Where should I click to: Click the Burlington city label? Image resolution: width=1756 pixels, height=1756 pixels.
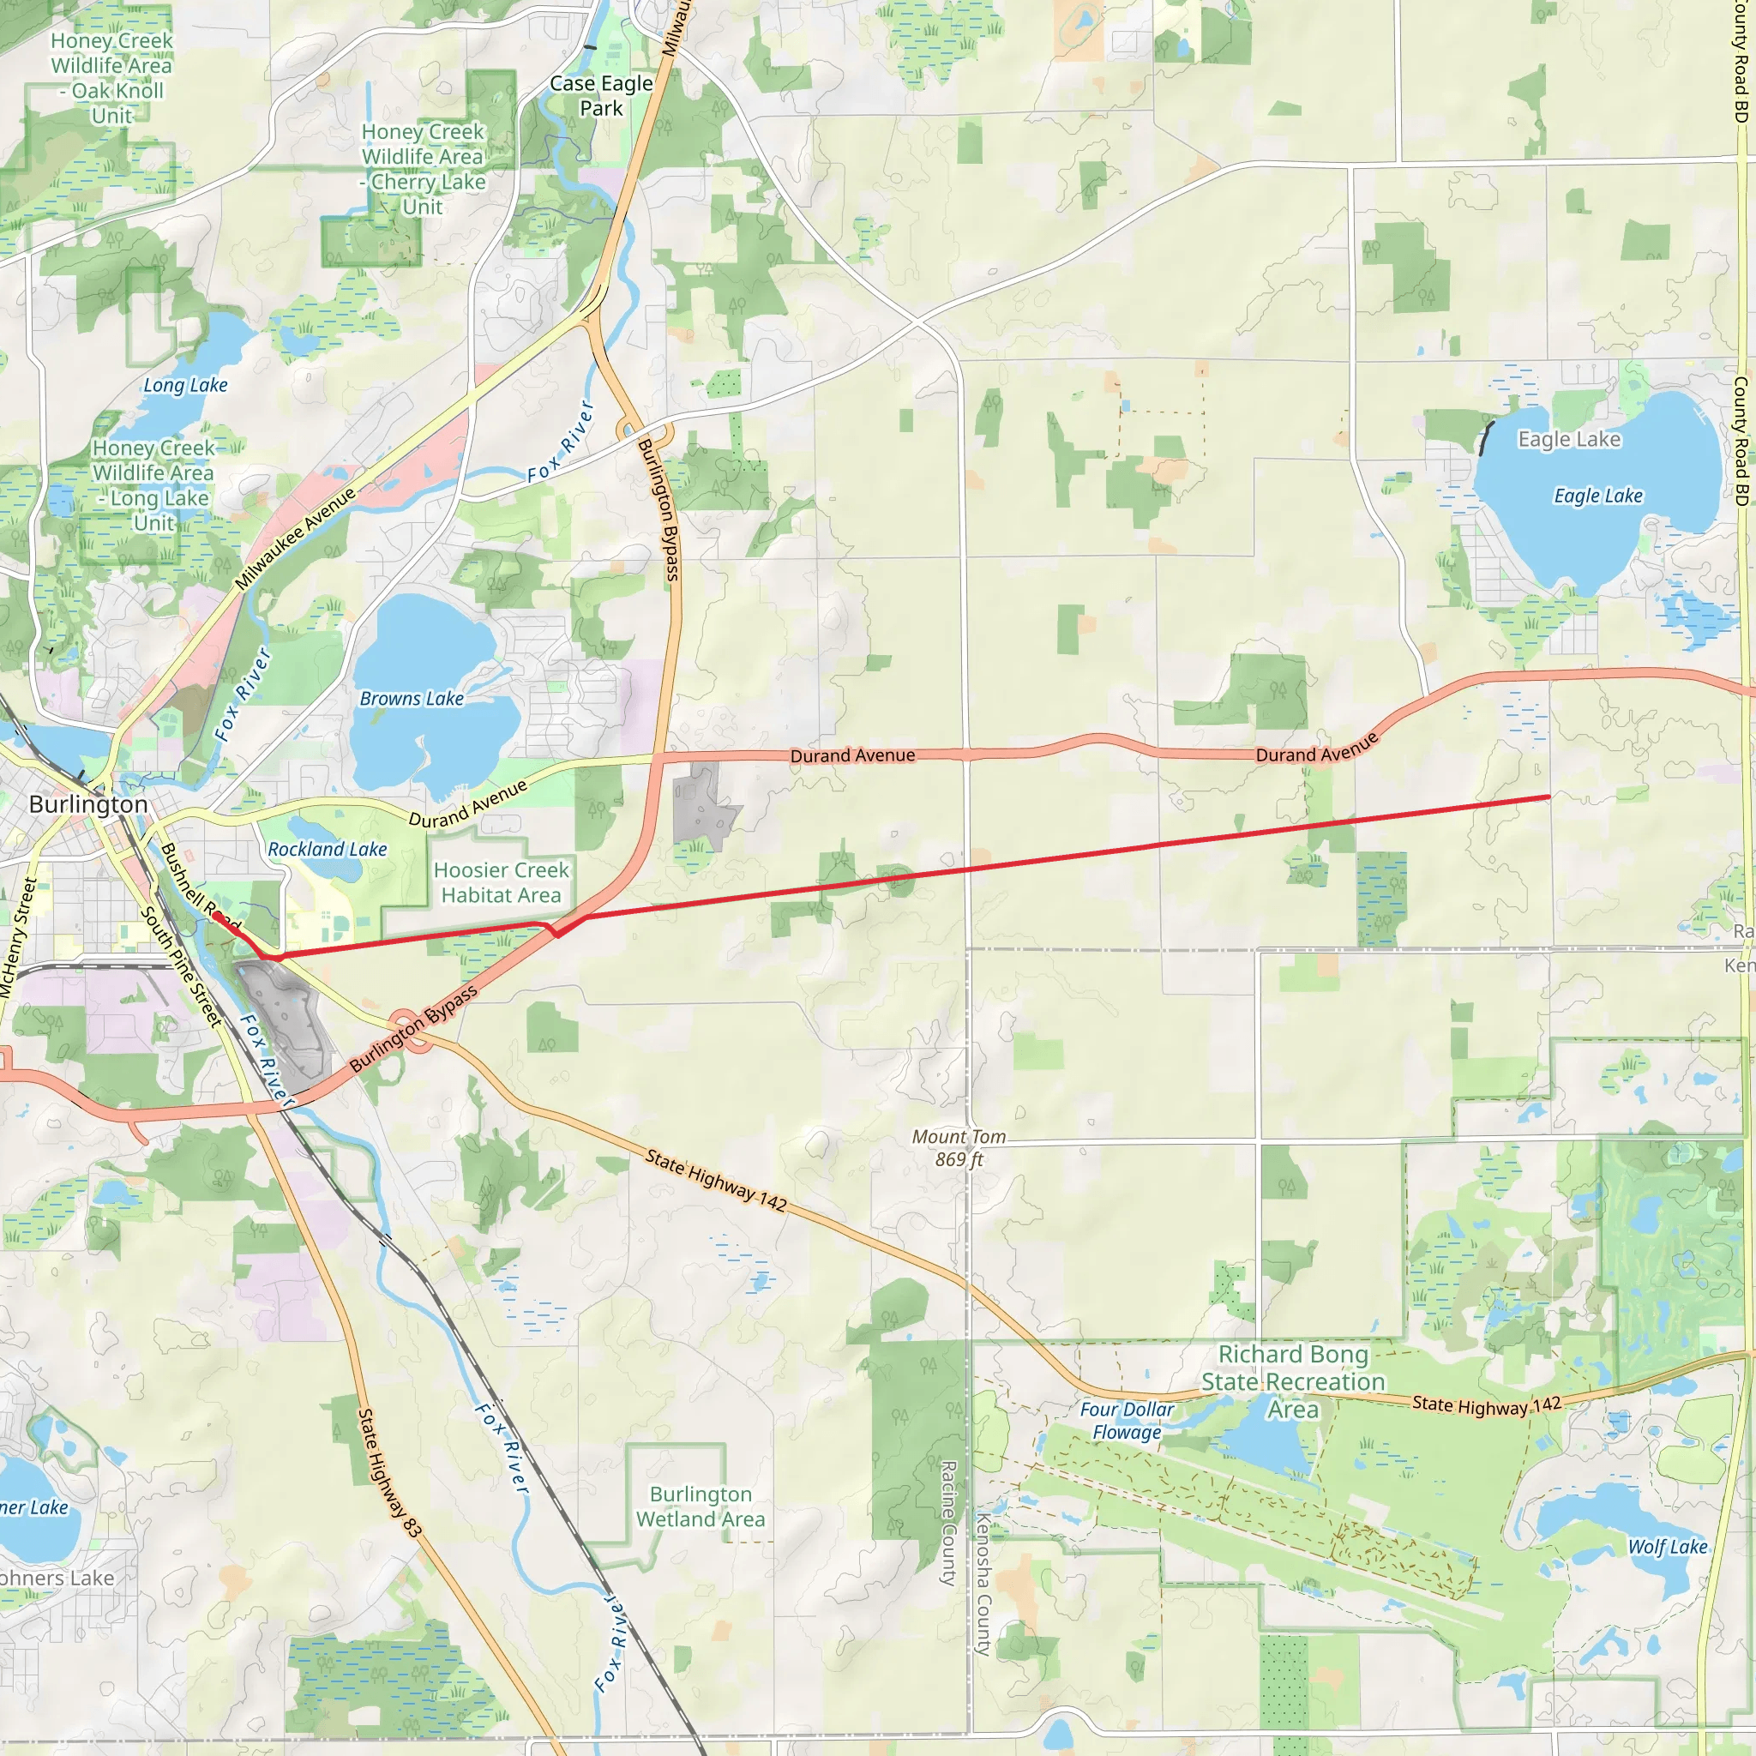[88, 804]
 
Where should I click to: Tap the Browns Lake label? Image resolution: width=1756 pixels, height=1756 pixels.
[412, 699]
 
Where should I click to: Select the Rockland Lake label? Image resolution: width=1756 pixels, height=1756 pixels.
[328, 849]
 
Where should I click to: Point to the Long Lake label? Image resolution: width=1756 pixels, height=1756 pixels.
[185, 385]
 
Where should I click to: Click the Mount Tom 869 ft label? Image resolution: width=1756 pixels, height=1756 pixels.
[959, 1148]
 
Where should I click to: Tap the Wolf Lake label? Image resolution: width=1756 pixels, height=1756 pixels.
[1667, 1547]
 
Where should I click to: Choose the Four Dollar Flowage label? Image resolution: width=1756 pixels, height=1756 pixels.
[1127, 1421]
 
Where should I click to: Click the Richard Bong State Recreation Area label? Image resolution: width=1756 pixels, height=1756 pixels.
[1292, 1381]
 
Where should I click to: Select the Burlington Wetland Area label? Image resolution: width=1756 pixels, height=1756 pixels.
[701, 1507]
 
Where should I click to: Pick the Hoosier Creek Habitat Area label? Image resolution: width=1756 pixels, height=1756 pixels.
[501, 882]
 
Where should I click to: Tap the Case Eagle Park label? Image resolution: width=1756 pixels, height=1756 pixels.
[601, 95]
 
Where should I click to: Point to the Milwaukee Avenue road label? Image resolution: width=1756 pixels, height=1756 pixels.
[296, 538]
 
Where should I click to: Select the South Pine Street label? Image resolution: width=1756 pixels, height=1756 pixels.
[181, 966]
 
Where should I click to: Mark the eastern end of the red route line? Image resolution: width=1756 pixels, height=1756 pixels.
[1549, 797]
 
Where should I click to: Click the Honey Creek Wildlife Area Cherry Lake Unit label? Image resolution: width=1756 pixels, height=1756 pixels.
[423, 169]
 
